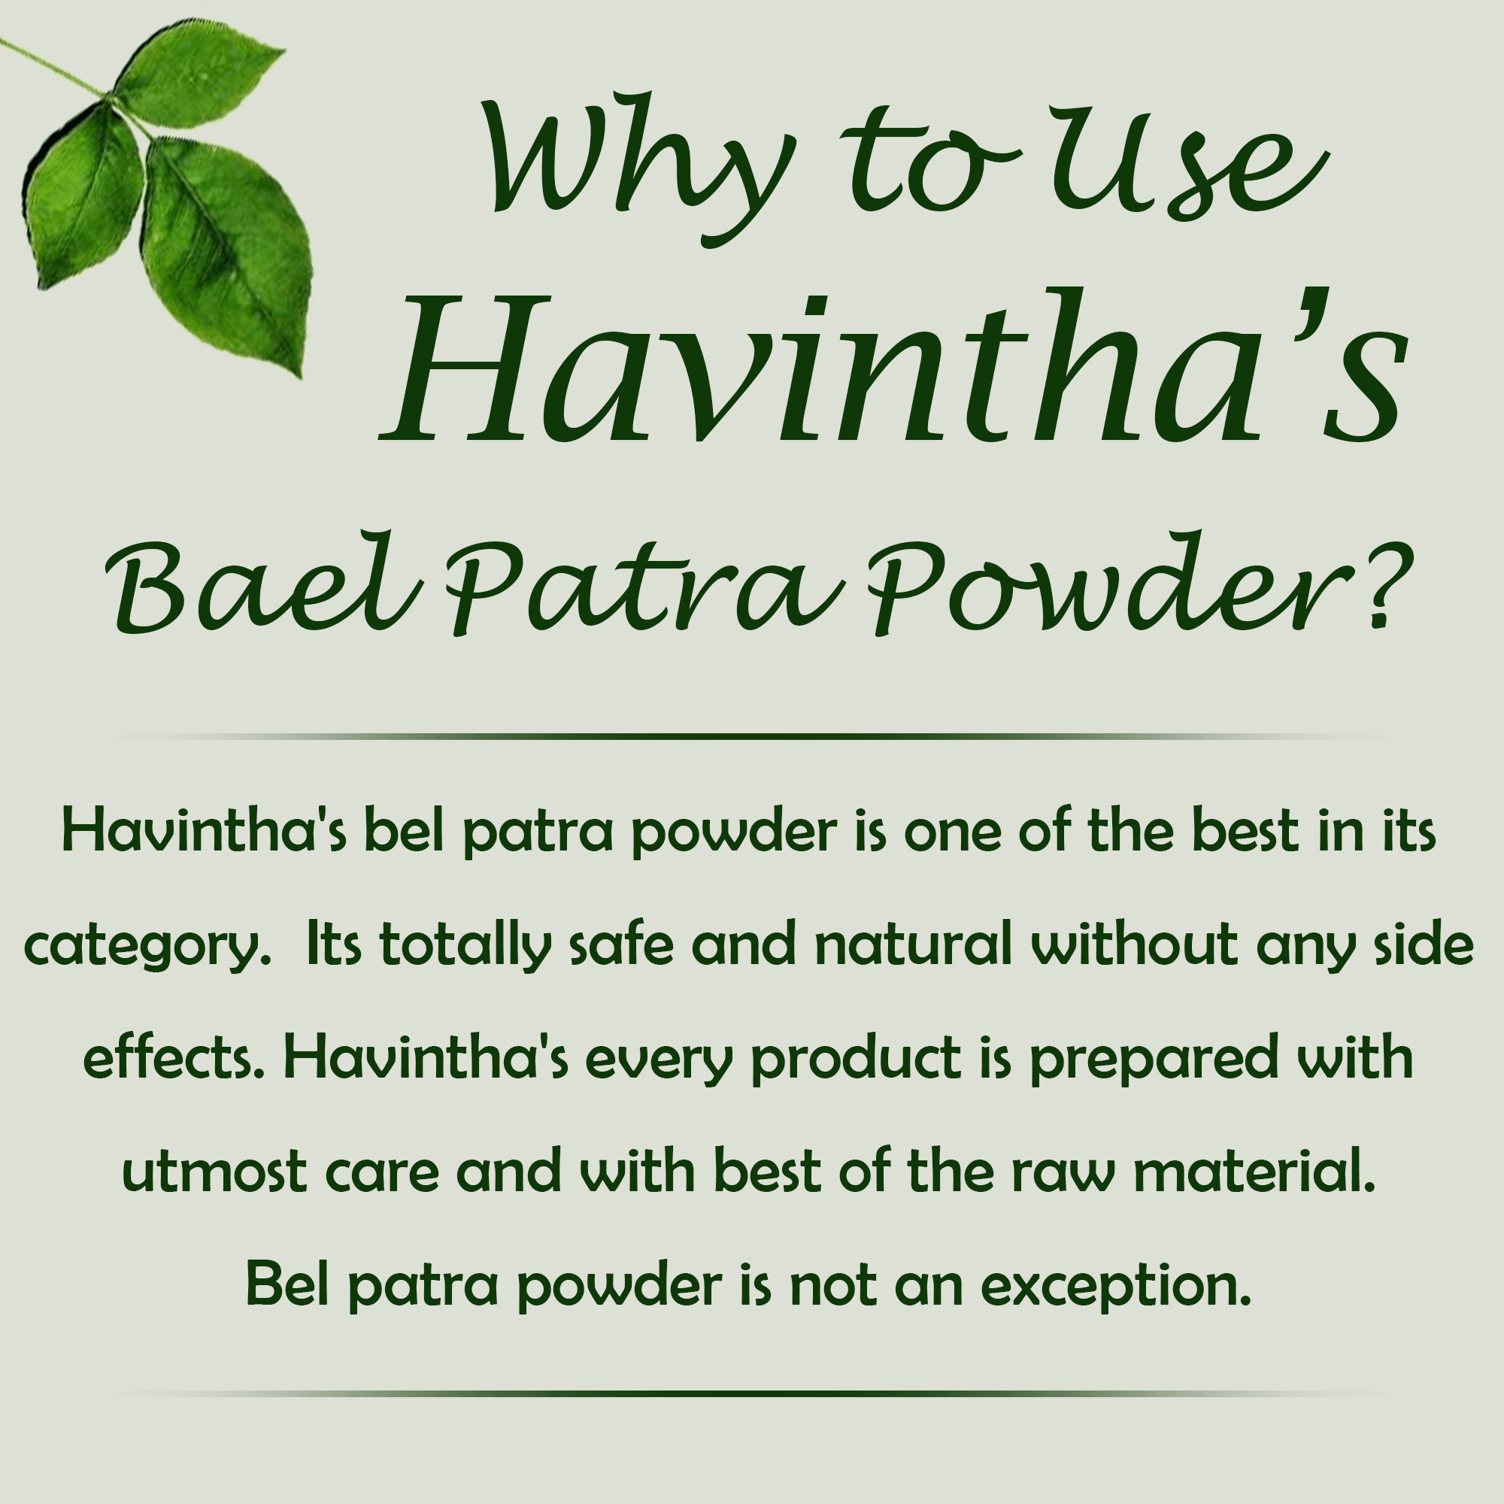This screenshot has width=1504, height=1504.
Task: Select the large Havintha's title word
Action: pyautogui.click(x=895, y=366)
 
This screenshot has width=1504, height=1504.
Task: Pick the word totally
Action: pyautogui.click(x=465, y=944)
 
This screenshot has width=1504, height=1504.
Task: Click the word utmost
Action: pyautogui.click(x=214, y=1171)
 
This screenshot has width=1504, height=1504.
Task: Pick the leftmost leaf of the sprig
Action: pyautogui.click(x=82, y=195)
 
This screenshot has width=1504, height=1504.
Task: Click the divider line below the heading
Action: pyautogui.click(x=752, y=735)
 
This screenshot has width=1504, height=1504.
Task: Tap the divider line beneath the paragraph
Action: pyautogui.click(x=752, y=1393)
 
